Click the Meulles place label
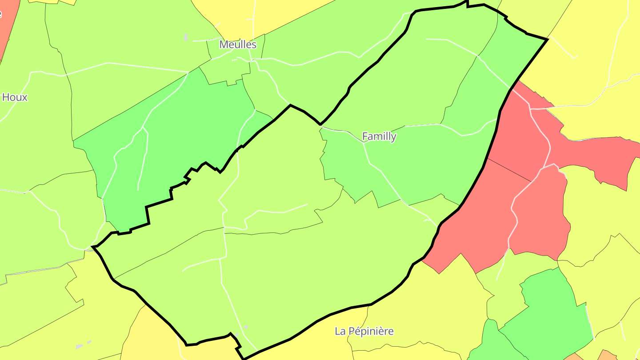click(x=238, y=45)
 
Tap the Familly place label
click(x=379, y=136)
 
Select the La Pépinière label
click(x=364, y=331)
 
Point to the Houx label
click(x=15, y=97)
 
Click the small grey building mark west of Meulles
click(x=186, y=37)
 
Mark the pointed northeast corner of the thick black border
click(x=547, y=40)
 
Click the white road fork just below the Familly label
click(x=364, y=144)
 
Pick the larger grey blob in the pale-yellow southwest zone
click(x=80, y=346)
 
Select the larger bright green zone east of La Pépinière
click(x=551, y=311)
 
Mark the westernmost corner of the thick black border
click(x=92, y=247)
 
